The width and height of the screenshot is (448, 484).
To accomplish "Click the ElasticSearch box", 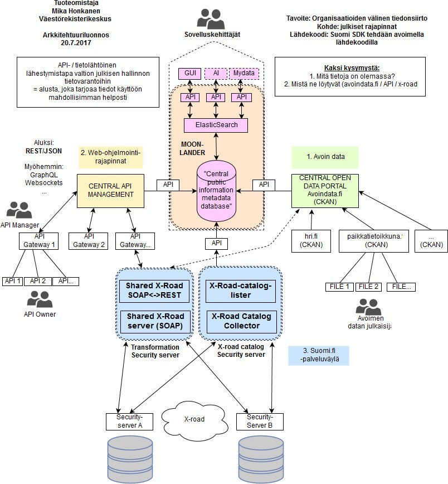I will click(216, 125).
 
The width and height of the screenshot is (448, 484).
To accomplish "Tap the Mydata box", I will click(241, 73).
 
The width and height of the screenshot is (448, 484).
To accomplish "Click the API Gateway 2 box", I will click(89, 241).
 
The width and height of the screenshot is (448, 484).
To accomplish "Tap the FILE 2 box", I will click(369, 287).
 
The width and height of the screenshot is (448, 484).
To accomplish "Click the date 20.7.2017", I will click(69, 42).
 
